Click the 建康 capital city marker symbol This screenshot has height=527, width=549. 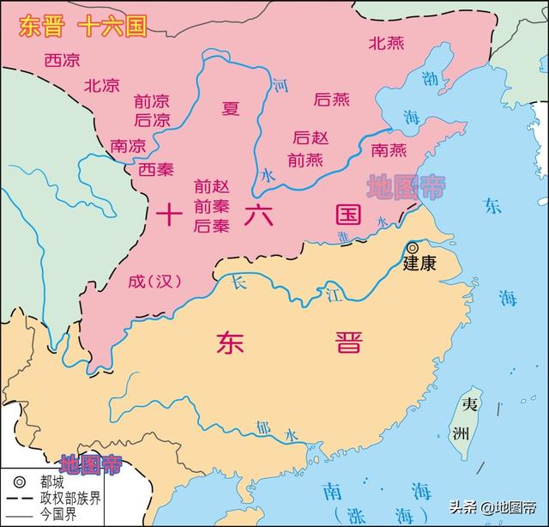(413, 247)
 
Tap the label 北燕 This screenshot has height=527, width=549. (387, 42)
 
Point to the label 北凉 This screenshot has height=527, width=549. (102, 85)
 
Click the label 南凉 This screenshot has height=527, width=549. (128, 145)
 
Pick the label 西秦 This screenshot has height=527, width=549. (155, 168)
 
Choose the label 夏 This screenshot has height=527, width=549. (231, 108)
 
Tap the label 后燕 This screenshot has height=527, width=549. (332, 100)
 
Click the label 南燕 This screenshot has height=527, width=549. (389, 150)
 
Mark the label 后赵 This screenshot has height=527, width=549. (310, 137)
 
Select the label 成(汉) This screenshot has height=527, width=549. (155, 281)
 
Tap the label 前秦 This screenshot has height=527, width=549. (211, 206)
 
